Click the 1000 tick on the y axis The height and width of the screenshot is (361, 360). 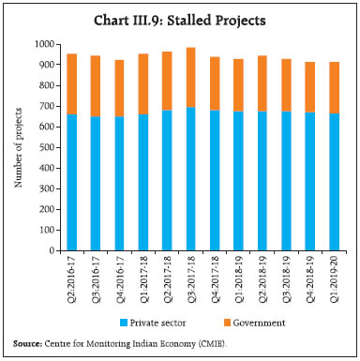point(44,44)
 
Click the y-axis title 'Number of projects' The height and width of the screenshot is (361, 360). point(18,148)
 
